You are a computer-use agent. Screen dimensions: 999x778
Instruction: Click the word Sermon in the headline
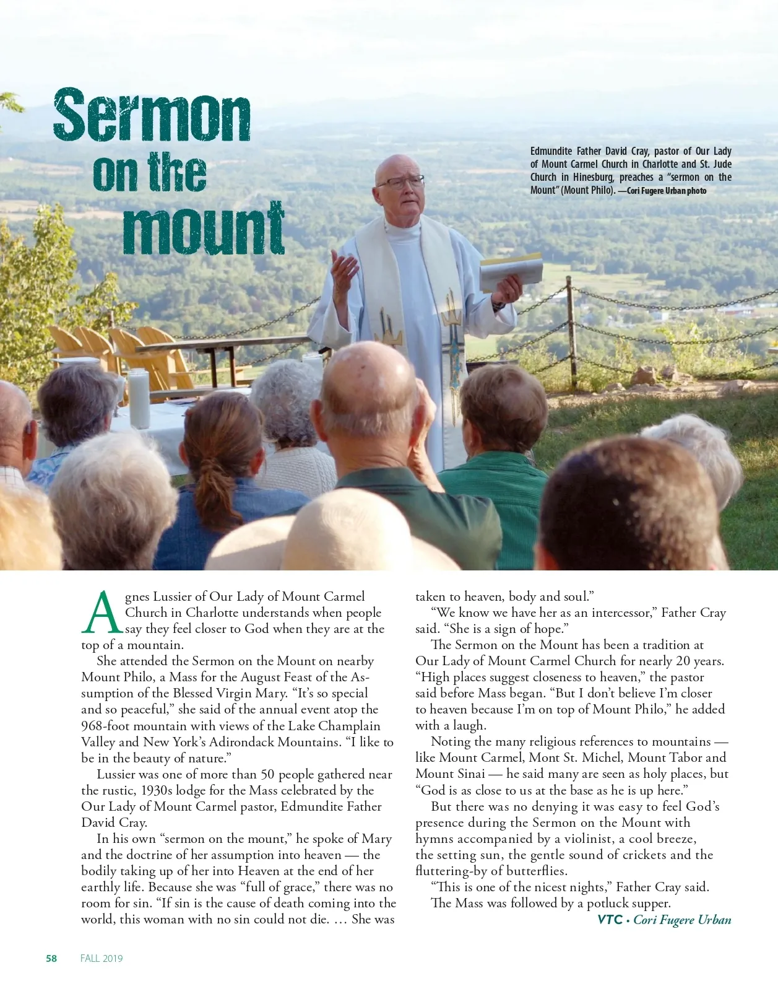pos(152,116)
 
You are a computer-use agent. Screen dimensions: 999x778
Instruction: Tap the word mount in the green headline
pos(204,229)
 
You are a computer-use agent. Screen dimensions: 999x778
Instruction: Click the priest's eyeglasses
pos(400,183)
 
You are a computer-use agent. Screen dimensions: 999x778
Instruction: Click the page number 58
pos(51,958)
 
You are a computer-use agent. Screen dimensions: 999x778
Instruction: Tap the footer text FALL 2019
pos(102,958)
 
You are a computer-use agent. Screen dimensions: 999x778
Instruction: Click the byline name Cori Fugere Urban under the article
pos(682,920)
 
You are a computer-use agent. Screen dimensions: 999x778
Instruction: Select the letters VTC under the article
pos(610,920)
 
